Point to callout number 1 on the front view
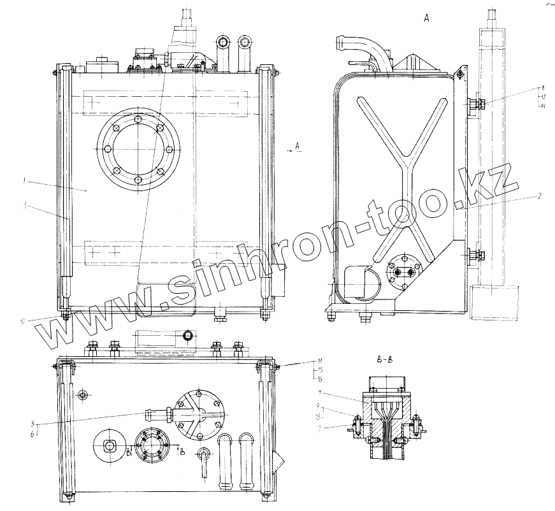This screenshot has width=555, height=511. click(23, 181)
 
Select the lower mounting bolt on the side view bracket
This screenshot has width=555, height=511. click(474, 256)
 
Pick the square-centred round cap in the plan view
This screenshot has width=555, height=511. click(108, 445)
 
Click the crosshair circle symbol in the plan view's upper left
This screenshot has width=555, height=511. click(82, 396)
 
